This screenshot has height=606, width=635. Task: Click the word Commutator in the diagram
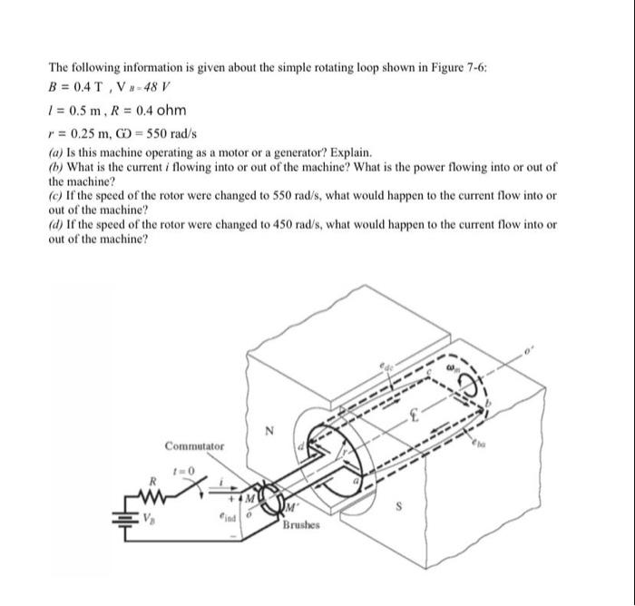(x=196, y=445)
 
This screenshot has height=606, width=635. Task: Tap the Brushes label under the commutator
(x=300, y=526)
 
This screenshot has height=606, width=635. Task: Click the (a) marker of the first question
(x=56, y=152)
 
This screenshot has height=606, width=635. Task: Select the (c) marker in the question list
(x=56, y=196)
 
